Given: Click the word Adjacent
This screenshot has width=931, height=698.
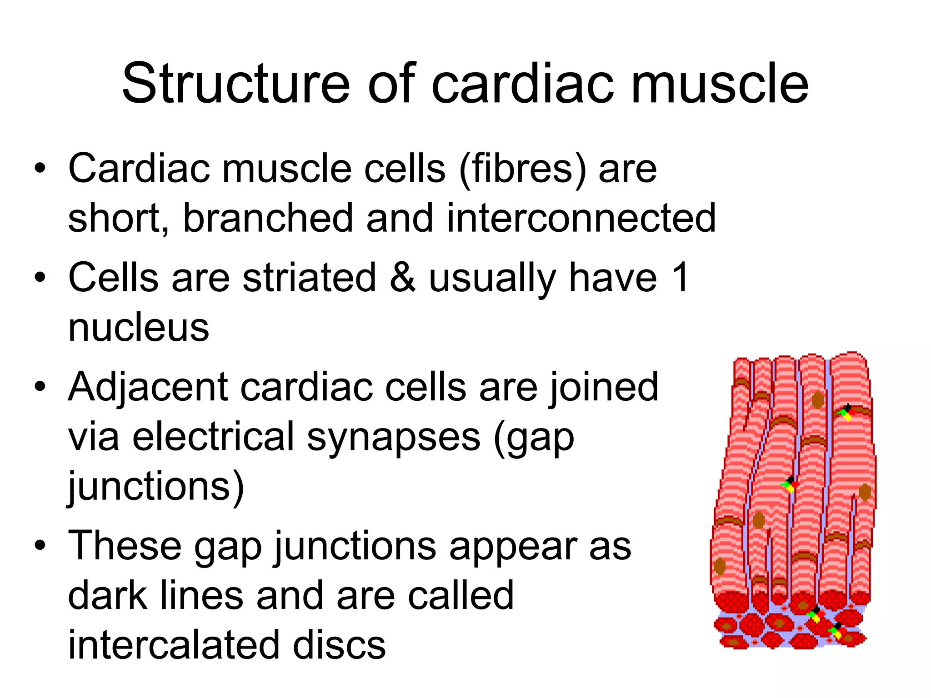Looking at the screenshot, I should (x=148, y=387).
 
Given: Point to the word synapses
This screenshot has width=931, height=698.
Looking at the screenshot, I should (x=393, y=437).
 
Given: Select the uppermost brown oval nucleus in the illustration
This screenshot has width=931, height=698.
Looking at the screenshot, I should (x=818, y=400).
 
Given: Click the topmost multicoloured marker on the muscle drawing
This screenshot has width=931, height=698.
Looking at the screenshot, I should (x=847, y=412).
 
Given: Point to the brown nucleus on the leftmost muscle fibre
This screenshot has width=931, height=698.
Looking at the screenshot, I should (x=720, y=566).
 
